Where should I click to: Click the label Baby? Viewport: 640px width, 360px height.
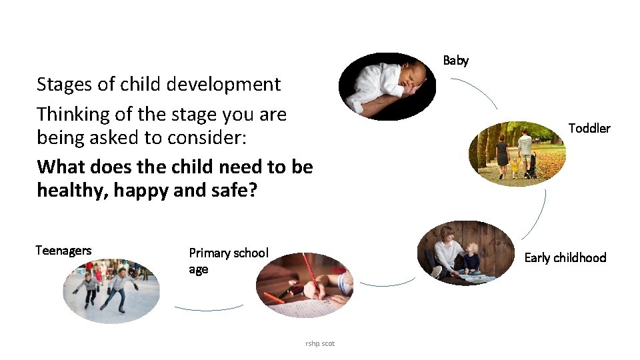[456, 61]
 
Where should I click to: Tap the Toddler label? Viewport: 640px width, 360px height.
[589, 129]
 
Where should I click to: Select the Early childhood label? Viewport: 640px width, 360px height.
[565, 258]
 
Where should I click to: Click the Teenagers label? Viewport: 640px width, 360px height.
[63, 251]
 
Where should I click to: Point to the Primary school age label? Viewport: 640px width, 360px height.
[228, 261]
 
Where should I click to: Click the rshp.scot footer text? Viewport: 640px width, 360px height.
[320, 343]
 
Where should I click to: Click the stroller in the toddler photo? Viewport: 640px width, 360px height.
[530, 166]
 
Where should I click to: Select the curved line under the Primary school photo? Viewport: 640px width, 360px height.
[208, 309]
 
